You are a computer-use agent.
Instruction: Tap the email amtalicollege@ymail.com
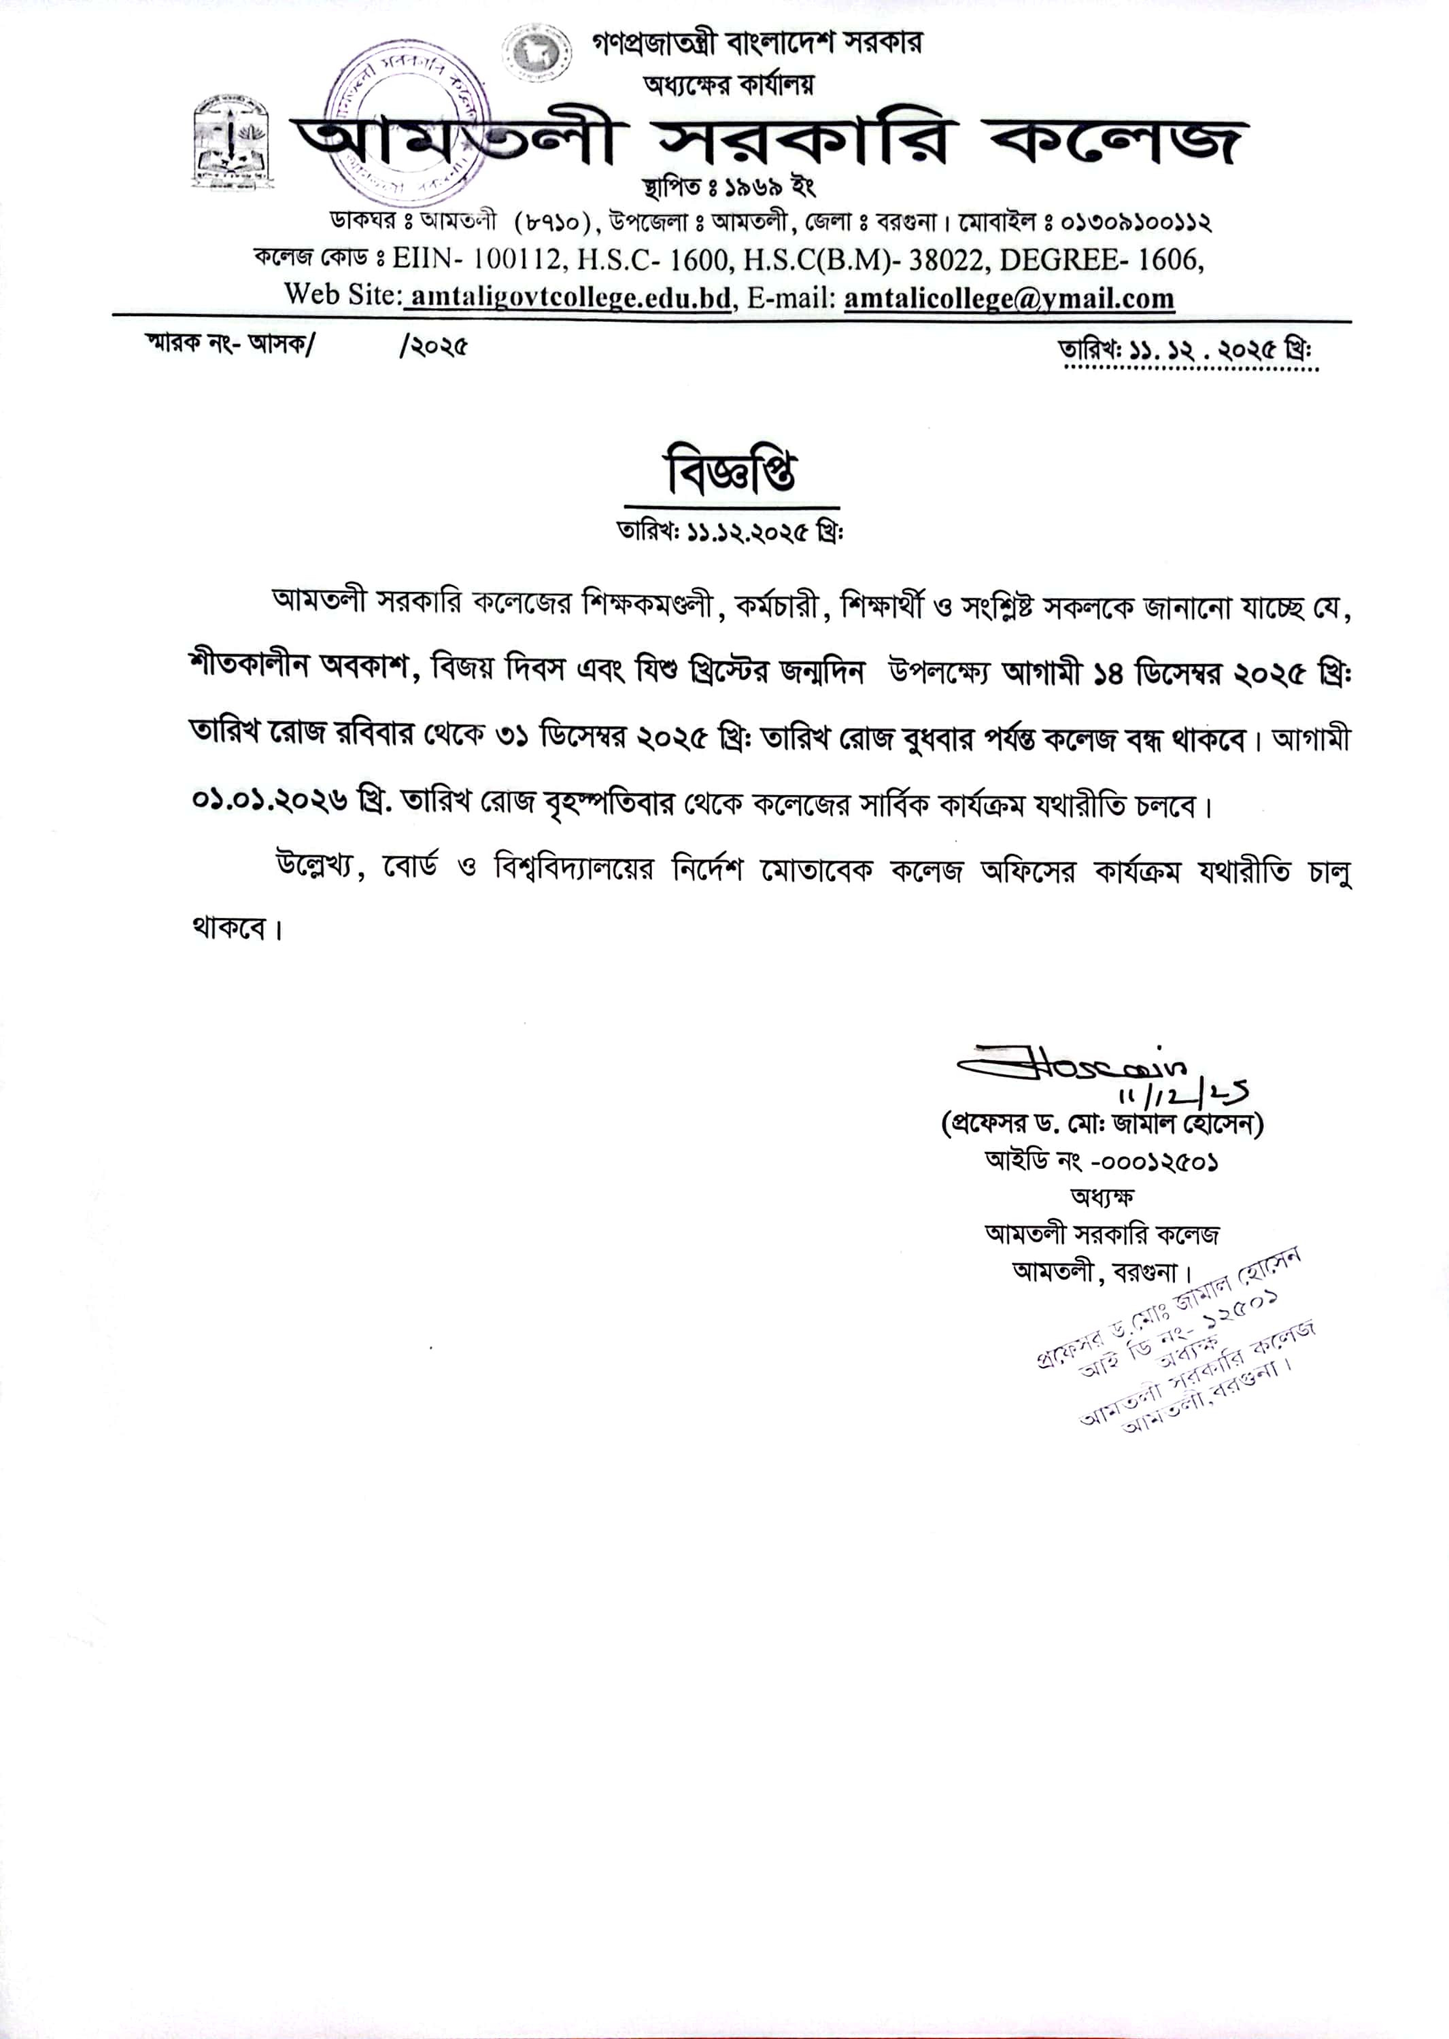pyautogui.click(x=1009, y=298)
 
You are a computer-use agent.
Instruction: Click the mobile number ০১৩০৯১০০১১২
pyautogui.click(x=1137, y=221)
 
